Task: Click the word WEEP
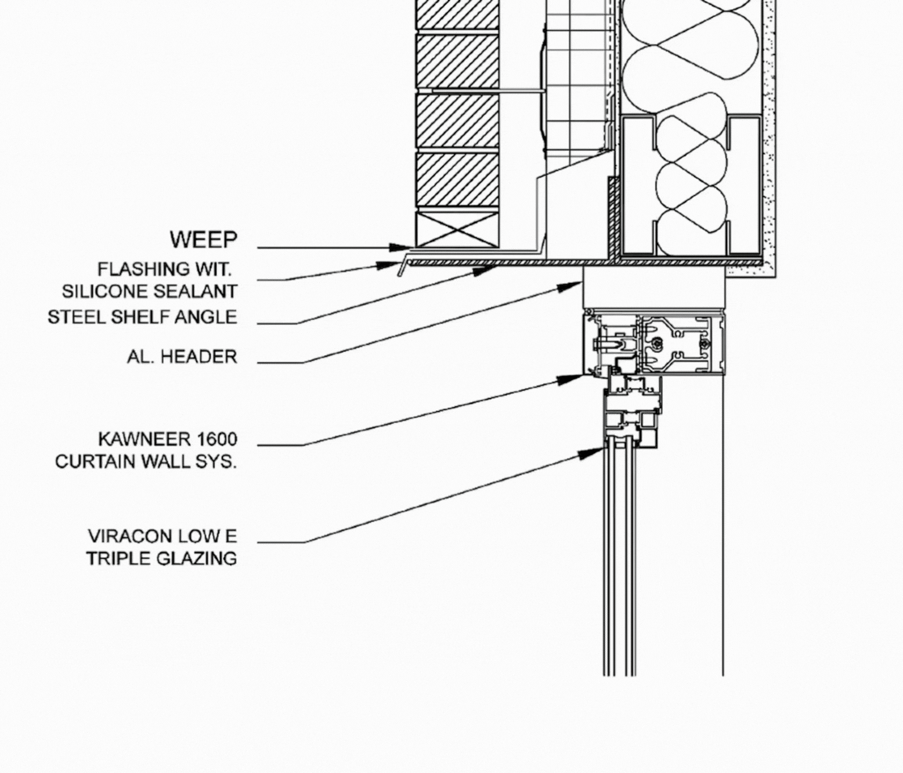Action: [204, 239]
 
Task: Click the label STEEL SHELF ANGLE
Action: [142, 317]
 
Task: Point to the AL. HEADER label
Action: [182, 356]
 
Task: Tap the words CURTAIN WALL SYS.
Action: [146, 461]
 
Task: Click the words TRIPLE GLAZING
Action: [161, 558]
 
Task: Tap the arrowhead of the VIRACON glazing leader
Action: [598, 451]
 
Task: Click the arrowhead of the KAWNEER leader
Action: [577, 378]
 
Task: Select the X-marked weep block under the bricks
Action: [458, 230]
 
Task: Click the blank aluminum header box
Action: [654, 288]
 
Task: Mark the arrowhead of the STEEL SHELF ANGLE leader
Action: [488, 269]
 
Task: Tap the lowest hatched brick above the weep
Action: [458, 179]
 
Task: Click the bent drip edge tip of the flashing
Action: [401, 269]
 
